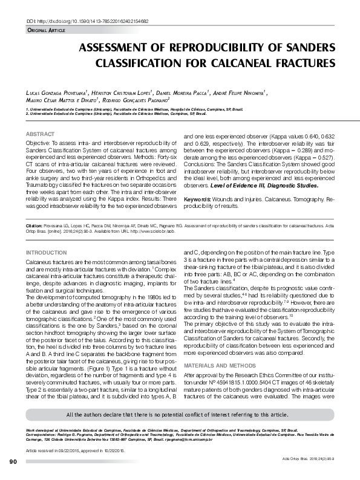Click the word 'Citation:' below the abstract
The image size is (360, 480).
34,224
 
